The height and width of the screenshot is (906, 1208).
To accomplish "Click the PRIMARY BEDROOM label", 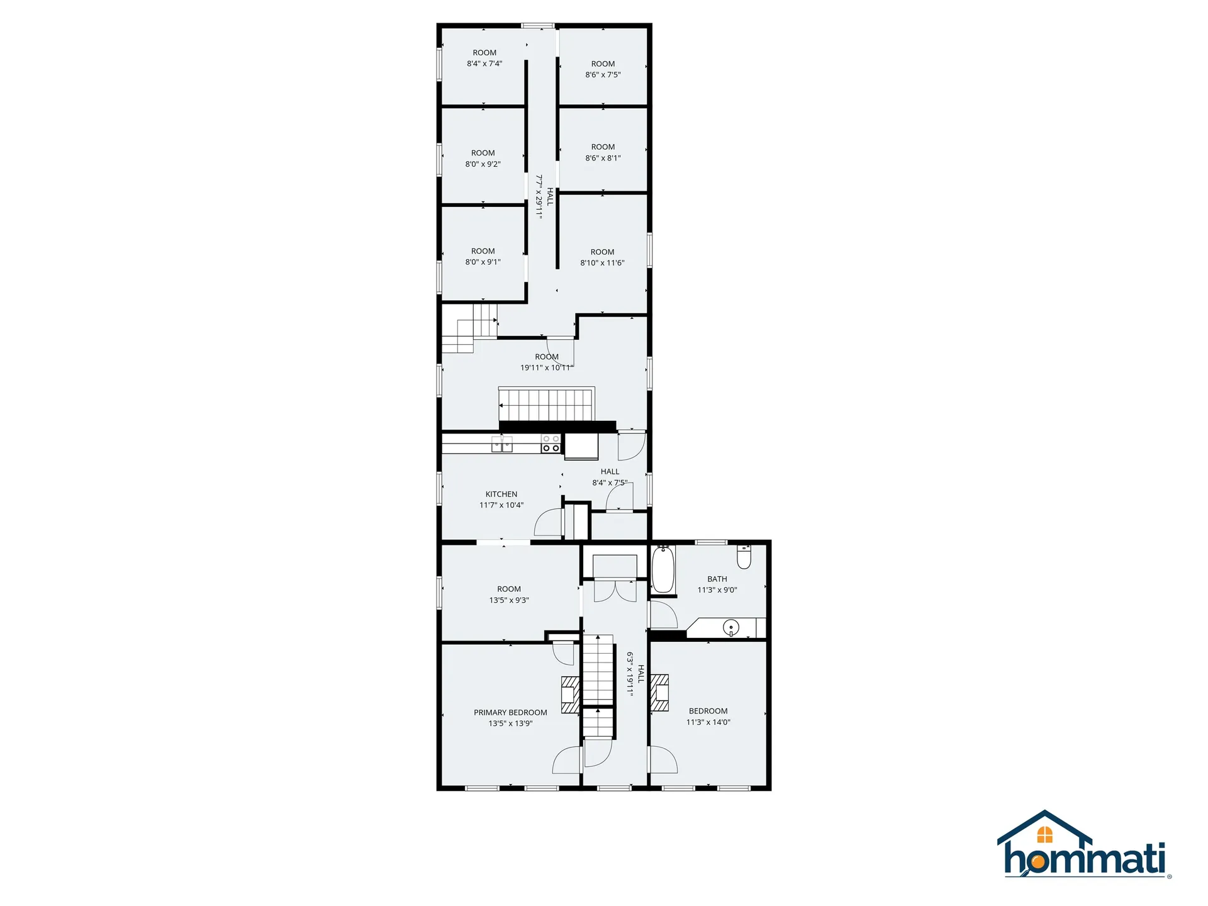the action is coord(510,712).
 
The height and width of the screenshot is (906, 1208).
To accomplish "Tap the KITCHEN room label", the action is coord(501,494).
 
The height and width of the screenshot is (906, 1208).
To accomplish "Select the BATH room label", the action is coord(717,579).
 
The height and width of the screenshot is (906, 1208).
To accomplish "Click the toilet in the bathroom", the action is coord(744,557).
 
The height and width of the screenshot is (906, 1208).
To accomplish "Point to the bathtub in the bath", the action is coord(663,569).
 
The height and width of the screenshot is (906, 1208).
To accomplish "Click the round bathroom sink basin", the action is coord(731,627).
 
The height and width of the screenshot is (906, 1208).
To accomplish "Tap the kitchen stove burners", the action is coord(551,444).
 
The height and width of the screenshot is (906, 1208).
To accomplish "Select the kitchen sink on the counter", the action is coord(502,444).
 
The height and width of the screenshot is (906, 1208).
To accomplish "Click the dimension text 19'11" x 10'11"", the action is coord(547,367).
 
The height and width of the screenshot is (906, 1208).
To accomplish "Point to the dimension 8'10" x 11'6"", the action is coord(602,263).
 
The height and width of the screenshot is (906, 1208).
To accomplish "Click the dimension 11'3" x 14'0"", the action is coord(708,722).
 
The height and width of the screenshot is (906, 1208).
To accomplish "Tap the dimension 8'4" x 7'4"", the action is coord(484,64).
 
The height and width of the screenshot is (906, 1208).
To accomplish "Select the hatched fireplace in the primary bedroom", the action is coord(570,695).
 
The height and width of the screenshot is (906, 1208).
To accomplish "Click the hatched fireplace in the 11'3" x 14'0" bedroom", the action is coord(659,693).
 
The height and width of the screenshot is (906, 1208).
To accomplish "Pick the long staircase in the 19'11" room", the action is coord(547,405).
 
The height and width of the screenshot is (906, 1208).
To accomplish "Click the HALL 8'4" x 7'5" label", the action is coord(610,477).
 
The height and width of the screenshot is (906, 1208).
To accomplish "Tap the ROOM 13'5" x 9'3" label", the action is coord(509,595).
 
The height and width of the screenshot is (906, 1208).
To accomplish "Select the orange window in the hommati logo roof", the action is coord(1044,834).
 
